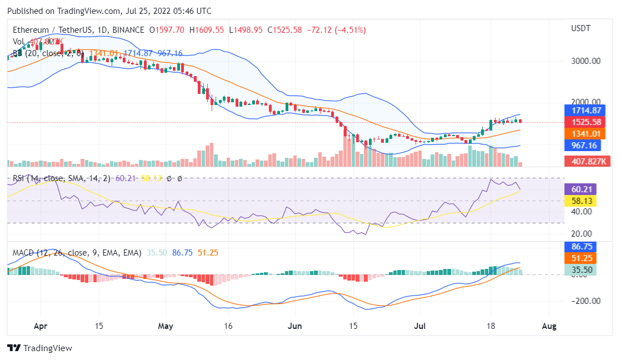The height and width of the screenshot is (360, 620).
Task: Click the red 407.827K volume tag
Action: pos(586,161)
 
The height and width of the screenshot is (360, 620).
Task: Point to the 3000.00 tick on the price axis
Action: pos(586,61)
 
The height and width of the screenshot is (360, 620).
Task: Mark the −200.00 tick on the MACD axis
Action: pos(584,301)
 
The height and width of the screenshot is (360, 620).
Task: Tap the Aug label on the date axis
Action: pos(548,326)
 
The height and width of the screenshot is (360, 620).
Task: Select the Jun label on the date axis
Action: pos(295,326)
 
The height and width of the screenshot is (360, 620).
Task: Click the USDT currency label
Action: pos(581,28)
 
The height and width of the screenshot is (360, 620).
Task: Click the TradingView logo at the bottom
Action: pos(40,348)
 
